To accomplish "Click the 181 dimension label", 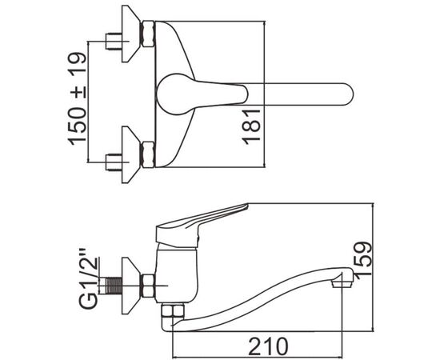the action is tap(252, 127).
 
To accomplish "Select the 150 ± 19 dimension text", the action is tap(77, 98).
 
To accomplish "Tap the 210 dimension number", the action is tap(268, 346).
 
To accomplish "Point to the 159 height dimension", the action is tap(363, 258).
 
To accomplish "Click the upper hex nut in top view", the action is tap(148, 33).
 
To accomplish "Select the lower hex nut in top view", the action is tap(148, 154).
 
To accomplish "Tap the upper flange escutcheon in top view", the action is tap(130, 34).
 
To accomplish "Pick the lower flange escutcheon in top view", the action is tap(130, 155).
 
